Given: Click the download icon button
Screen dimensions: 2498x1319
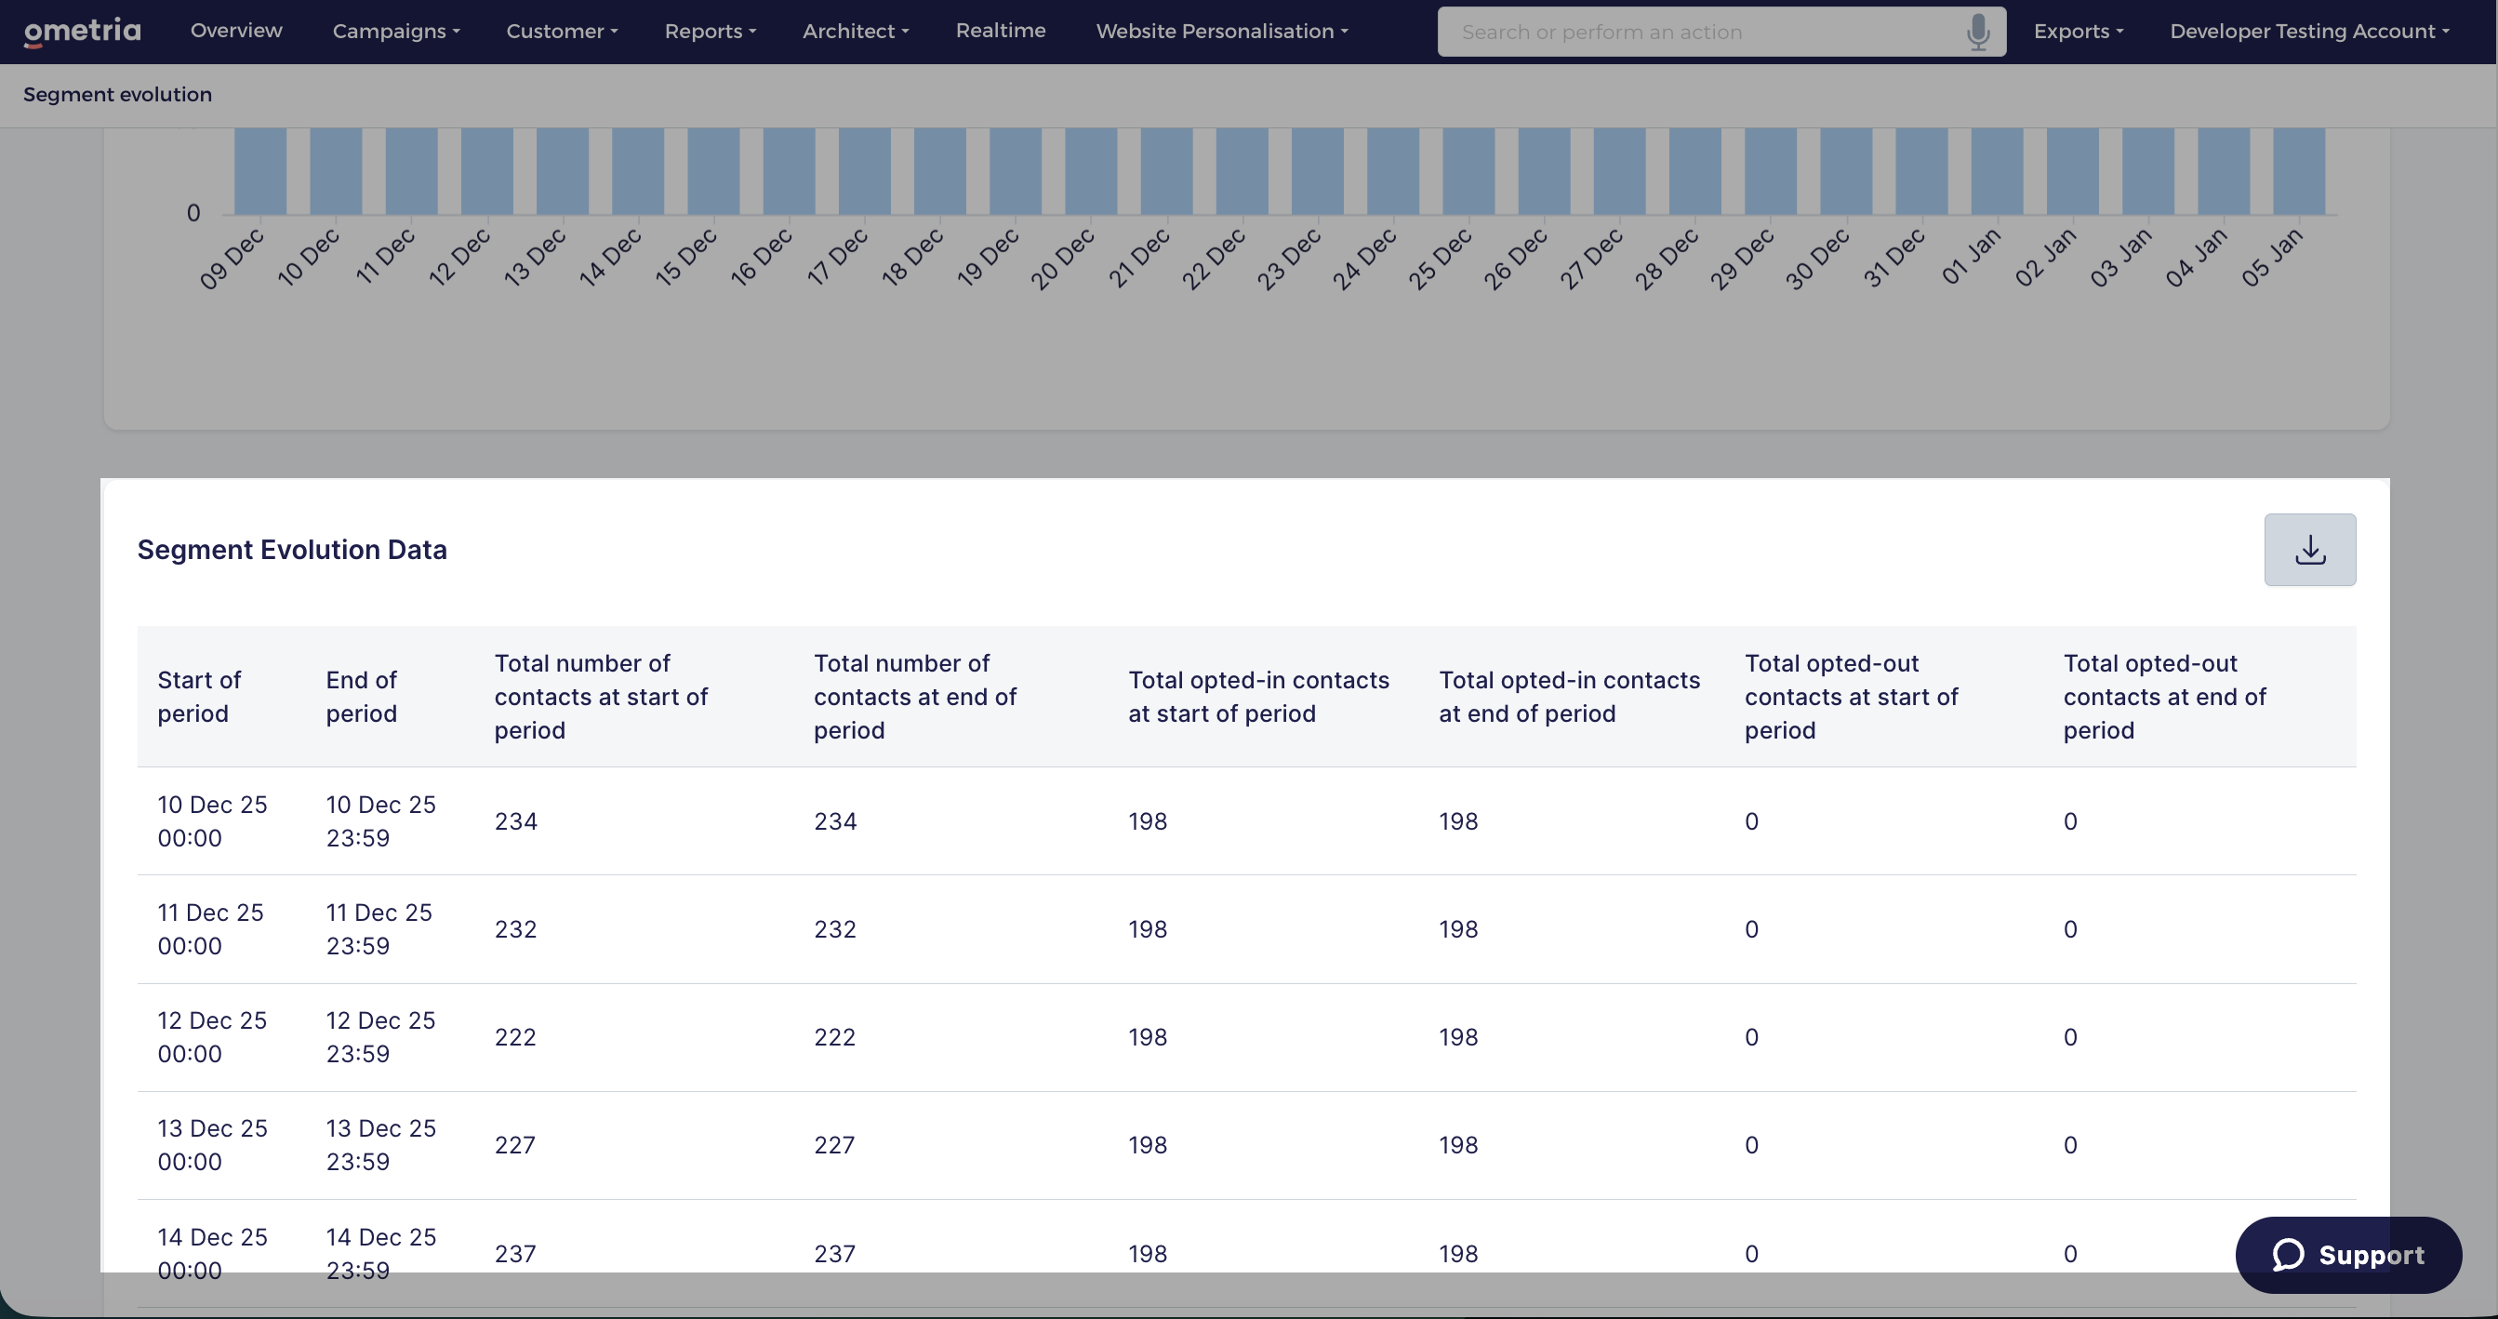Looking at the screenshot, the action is (2309, 550).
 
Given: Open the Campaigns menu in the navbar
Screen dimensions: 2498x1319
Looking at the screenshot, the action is (395, 31).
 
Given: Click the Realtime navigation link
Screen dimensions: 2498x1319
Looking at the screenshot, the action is (1000, 30).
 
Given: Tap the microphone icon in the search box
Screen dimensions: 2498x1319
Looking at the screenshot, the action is (1977, 32).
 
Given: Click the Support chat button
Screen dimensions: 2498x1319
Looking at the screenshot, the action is (2347, 1254).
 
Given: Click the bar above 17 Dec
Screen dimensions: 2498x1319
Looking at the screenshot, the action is (864, 171).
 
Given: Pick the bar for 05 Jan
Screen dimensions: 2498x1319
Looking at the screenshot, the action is (2298, 171).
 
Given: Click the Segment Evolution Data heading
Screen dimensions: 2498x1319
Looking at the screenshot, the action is (292, 550).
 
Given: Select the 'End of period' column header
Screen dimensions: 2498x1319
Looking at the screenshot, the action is (362, 697).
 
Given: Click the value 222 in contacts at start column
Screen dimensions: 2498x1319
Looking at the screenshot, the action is (515, 1037).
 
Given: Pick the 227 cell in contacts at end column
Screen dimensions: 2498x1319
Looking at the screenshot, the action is (834, 1144).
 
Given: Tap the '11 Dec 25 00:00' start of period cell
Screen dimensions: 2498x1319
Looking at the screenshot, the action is (210, 929).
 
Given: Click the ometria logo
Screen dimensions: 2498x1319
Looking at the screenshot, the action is (83, 32).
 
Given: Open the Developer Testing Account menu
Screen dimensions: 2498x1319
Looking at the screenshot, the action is (2309, 31).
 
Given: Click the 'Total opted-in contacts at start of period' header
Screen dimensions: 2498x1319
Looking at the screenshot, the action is (1258, 697).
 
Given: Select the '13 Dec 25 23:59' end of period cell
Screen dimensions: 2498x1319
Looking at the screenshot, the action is (381, 1144).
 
